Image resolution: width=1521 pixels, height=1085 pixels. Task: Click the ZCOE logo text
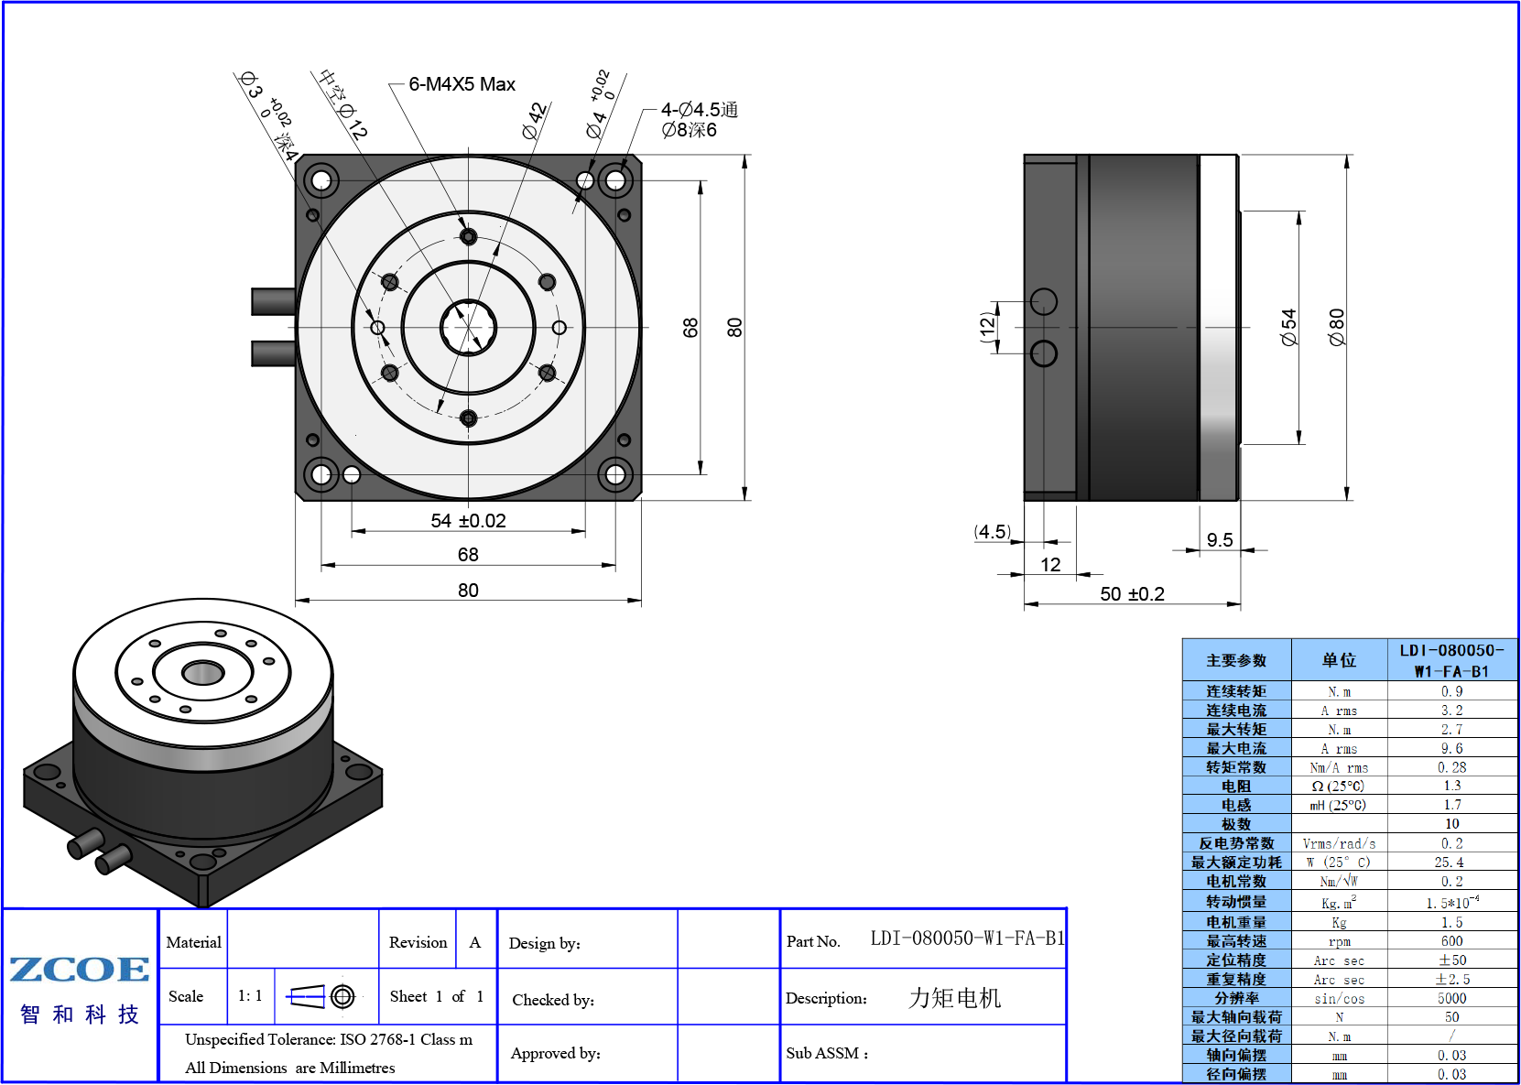(x=79, y=969)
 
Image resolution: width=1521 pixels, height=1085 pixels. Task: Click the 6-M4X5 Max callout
(x=462, y=84)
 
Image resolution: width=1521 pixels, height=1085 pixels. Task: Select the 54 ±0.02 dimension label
(x=468, y=521)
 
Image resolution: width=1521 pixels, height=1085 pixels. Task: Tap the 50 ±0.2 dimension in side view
(x=1132, y=594)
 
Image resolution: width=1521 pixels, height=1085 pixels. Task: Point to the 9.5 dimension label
(x=1220, y=540)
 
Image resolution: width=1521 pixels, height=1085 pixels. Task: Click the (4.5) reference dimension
(x=992, y=532)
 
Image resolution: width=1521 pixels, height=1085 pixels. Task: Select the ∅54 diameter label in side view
(x=1288, y=327)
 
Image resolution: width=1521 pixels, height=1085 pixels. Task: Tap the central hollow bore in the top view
(x=468, y=327)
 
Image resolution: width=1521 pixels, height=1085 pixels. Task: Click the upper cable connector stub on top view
(x=273, y=301)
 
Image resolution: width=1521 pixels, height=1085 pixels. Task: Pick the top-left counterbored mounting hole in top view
(x=321, y=181)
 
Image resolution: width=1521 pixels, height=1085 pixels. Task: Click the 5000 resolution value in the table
(x=1451, y=998)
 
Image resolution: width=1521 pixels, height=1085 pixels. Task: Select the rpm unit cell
(x=1339, y=942)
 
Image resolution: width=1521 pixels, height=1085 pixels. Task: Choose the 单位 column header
(x=1339, y=660)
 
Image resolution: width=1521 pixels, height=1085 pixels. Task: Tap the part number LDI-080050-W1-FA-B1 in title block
(x=968, y=939)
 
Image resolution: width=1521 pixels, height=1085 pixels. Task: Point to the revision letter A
(x=474, y=942)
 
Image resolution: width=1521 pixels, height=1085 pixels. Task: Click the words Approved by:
(x=556, y=1054)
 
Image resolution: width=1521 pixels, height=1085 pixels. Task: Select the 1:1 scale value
(x=250, y=996)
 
